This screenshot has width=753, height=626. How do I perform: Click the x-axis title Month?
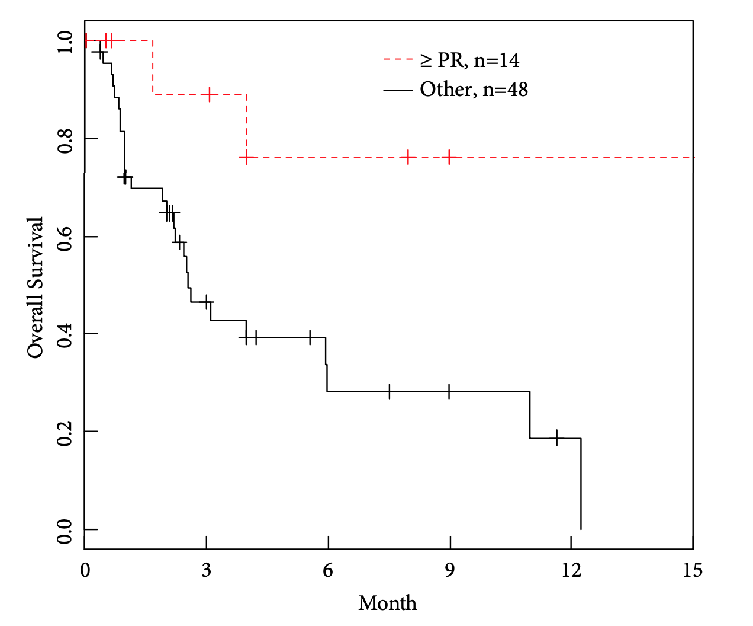387,603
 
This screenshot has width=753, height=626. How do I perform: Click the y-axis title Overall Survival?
36,288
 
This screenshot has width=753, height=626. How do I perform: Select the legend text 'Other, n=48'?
474,90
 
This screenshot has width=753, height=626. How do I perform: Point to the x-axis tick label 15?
692,570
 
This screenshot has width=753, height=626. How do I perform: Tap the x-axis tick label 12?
571,570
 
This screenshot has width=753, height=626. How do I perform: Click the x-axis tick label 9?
449,570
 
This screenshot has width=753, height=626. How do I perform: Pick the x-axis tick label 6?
328,570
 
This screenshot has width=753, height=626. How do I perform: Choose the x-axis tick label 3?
206,570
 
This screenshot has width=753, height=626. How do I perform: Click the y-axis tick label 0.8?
65,139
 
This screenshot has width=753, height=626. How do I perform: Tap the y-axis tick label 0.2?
65,432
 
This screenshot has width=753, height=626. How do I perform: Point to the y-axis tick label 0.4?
65,334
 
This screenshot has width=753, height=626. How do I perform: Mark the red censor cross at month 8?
408,157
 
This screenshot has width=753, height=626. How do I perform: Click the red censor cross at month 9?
449,157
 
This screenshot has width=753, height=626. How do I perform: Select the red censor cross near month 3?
209,94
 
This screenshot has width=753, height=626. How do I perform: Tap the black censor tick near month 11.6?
556,438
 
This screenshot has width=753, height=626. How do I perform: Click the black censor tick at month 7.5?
389,391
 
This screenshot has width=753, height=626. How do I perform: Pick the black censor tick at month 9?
449,391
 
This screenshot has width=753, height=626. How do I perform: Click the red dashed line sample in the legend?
398,60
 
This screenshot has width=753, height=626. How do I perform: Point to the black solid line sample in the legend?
398,90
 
